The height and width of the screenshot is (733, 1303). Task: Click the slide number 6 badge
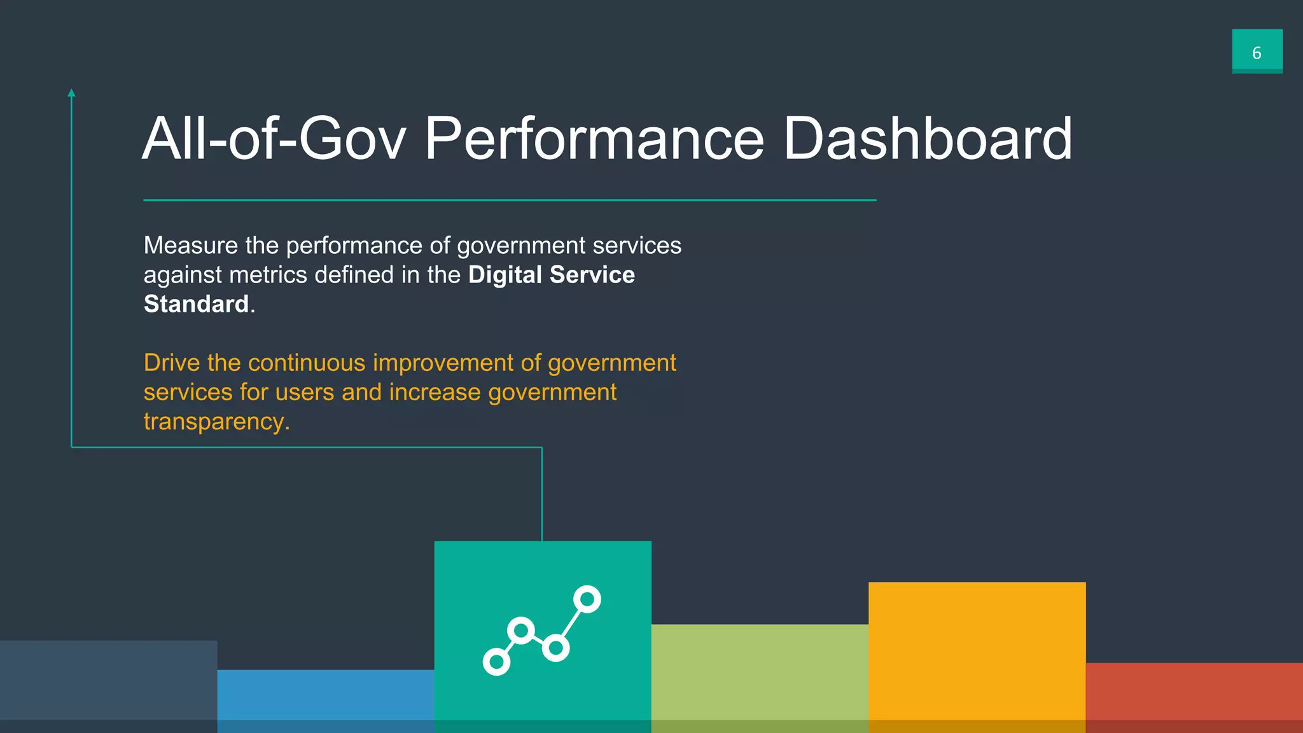coord(1257,51)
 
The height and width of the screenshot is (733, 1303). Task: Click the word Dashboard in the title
coord(927,138)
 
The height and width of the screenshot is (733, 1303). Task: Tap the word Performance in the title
coord(594,138)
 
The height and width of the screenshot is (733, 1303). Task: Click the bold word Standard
coord(196,304)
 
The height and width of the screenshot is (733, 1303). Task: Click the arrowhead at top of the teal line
coord(71,94)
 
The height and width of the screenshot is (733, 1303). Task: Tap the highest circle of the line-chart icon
coord(587,599)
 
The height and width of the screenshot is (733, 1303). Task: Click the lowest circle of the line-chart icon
coord(496,662)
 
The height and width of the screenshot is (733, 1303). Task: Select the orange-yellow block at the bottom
coord(977,655)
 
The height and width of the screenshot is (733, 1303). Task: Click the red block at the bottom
coord(1194,697)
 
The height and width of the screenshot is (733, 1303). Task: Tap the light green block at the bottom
coord(760,678)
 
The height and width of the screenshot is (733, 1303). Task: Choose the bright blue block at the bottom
coord(325,700)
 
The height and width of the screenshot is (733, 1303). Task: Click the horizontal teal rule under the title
coord(509,200)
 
